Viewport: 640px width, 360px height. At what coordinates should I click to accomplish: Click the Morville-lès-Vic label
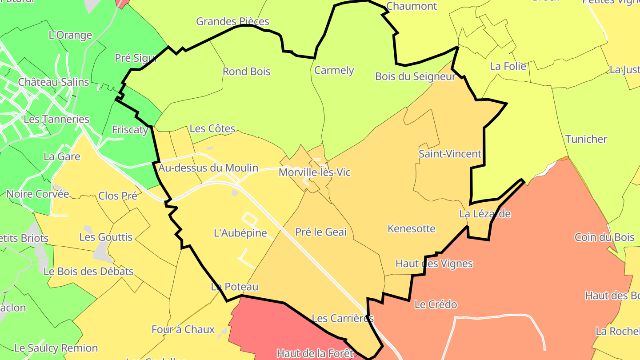tap(314, 172)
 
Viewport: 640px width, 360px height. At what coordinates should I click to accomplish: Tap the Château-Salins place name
tap(53, 82)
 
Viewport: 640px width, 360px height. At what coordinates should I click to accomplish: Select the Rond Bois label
tap(246, 72)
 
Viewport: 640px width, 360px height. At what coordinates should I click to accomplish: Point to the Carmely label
tap(334, 70)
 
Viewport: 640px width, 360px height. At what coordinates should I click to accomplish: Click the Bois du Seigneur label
tap(415, 76)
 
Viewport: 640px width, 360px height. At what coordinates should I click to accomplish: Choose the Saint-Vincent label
tap(450, 154)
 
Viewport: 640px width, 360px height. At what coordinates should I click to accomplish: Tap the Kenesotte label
tap(411, 228)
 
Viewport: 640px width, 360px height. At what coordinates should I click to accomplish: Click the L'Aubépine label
tap(240, 233)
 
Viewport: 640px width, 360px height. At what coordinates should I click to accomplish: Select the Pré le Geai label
tap(320, 232)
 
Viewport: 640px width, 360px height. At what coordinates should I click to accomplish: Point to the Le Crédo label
tap(435, 304)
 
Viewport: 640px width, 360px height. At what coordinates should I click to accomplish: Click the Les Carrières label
tap(342, 318)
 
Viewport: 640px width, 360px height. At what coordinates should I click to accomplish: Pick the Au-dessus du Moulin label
tap(208, 168)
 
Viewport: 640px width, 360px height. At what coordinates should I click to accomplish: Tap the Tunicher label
tap(586, 139)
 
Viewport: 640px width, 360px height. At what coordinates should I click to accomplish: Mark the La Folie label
tap(508, 67)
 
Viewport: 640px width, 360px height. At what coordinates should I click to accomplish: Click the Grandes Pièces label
tap(232, 21)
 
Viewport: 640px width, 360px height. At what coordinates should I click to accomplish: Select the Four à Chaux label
tap(183, 329)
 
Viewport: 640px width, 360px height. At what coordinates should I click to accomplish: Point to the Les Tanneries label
tap(56, 119)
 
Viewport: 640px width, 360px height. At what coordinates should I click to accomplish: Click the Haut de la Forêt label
tap(315, 353)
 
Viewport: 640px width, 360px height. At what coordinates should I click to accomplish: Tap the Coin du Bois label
tap(604, 237)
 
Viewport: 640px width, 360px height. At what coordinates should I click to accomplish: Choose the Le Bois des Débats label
tap(88, 271)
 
